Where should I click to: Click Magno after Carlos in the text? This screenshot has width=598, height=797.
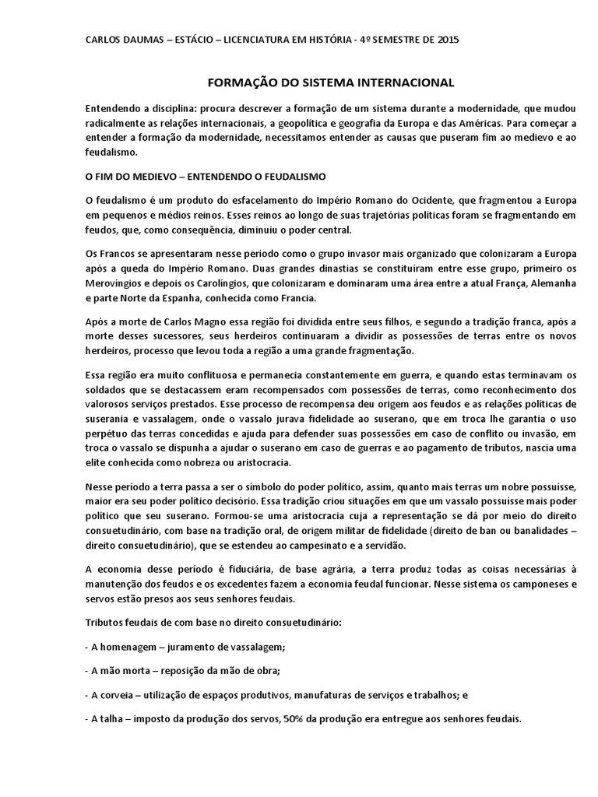pyautogui.click(x=185, y=321)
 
